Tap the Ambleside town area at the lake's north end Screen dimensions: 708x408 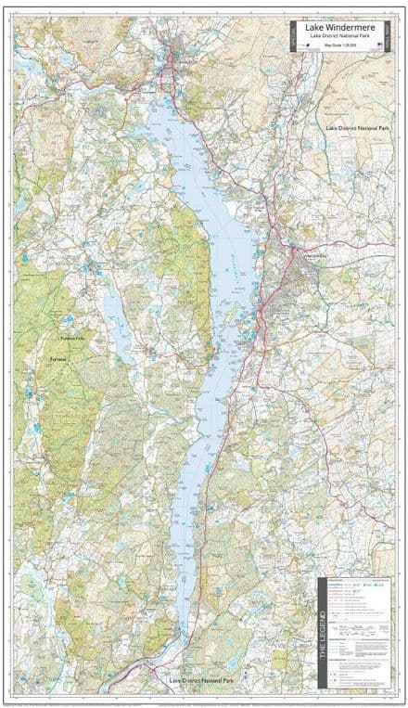pos(172,70)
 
